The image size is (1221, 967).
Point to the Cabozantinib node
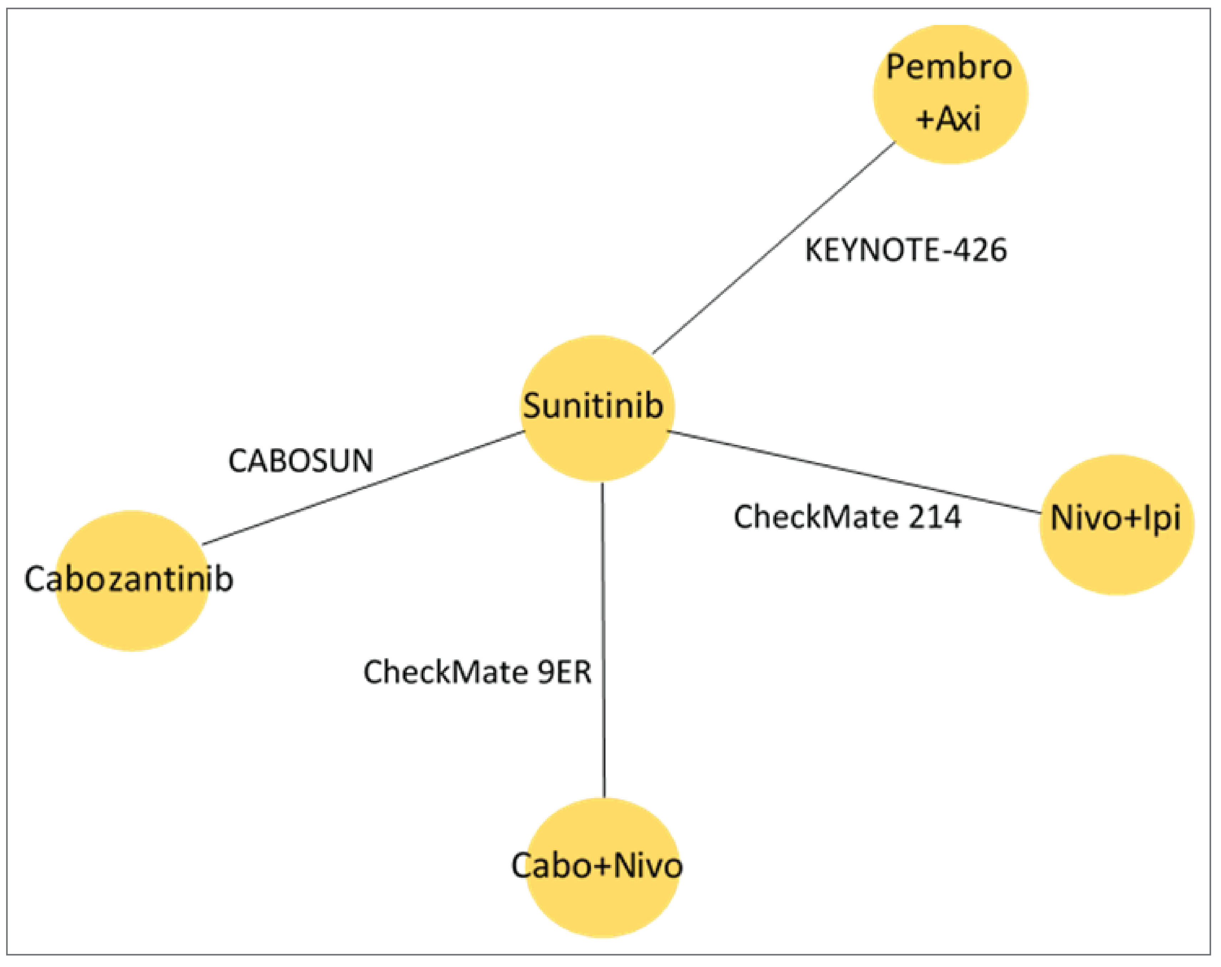coord(131,580)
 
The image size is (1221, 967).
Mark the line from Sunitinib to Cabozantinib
coord(362,488)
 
